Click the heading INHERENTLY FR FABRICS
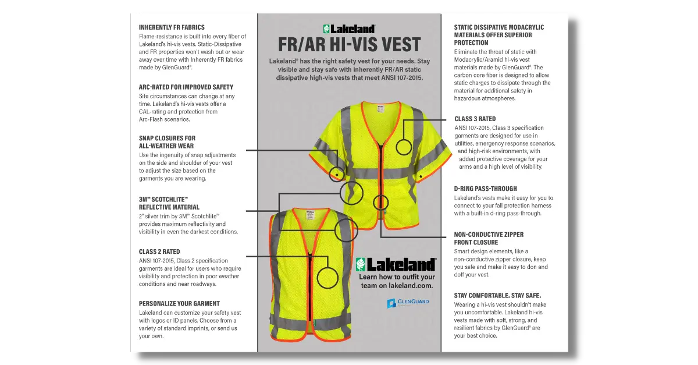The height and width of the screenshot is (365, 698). (179, 27)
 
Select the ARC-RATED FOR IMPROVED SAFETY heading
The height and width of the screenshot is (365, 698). (186, 87)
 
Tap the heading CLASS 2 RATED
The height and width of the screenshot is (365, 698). (159, 251)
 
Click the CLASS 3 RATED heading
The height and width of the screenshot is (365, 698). (475, 119)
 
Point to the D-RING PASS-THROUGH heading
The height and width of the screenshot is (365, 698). (485, 189)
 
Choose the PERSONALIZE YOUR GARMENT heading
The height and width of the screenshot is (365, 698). (179, 303)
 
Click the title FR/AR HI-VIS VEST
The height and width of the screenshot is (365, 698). (349, 45)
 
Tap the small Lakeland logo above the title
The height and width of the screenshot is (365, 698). (349, 28)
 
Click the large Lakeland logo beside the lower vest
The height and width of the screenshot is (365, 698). (396, 264)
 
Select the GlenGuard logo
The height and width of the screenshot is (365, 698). (407, 303)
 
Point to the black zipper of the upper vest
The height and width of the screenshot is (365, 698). (381, 169)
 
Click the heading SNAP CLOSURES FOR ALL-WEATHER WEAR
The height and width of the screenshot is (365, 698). (167, 142)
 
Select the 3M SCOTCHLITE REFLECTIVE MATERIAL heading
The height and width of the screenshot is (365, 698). (169, 203)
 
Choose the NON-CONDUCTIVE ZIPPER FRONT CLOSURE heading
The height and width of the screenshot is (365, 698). (489, 238)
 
